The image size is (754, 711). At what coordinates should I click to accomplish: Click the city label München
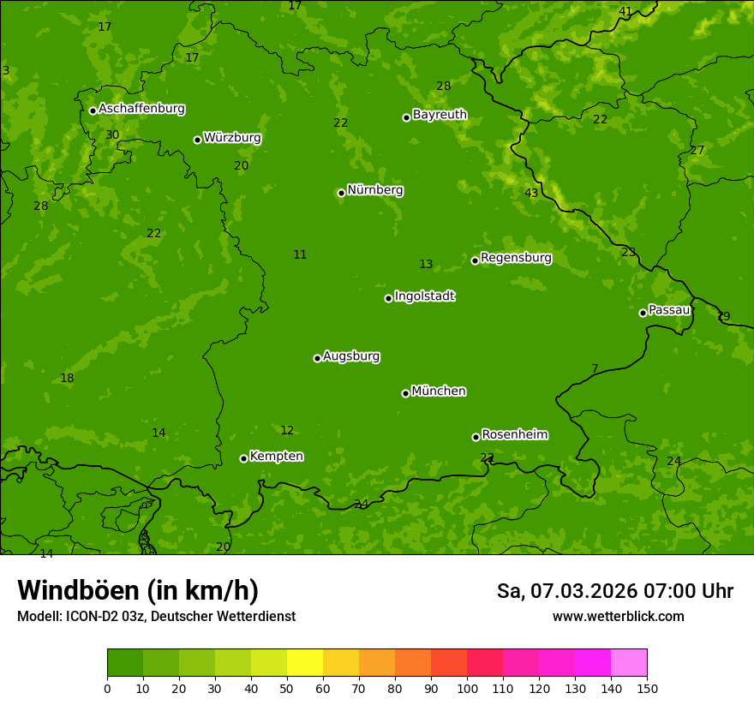[x=439, y=391]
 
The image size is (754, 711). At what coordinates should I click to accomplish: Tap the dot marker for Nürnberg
[x=341, y=193]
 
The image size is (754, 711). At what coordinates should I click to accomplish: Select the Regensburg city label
[x=516, y=258]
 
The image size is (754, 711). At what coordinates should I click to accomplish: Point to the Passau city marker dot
[x=643, y=313]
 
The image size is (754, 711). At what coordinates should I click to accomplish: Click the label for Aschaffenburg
[x=141, y=109]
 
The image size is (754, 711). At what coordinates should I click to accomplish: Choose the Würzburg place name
[x=232, y=138]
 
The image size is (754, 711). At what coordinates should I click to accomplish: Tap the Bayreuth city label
[x=440, y=115]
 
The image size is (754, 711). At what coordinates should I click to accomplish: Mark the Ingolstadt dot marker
[x=388, y=298]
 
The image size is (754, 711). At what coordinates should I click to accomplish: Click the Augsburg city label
[x=351, y=356]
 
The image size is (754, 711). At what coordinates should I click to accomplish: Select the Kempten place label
[x=276, y=457]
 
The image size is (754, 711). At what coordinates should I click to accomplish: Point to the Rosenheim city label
[x=514, y=435]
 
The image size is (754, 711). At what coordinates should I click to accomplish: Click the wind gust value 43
[x=531, y=194]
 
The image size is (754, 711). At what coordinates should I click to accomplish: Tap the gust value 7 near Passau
[x=595, y=369]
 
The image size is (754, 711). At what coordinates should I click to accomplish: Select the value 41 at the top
[x=625, y=12]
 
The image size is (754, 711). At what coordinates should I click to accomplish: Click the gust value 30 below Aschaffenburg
[x=112, y=135]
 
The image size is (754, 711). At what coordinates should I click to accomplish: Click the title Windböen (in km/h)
[x=138, y=590]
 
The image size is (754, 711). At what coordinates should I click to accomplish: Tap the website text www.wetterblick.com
[x=618, y=617]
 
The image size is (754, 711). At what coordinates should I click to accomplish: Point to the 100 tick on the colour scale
[x=467, y=688]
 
